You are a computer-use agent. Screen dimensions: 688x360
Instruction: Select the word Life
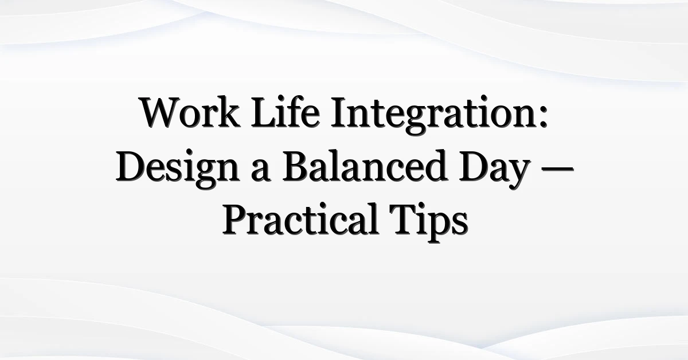coord(286,112)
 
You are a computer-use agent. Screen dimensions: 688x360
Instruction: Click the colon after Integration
coord(544,117)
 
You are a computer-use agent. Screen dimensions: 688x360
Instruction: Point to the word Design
coord(177,169)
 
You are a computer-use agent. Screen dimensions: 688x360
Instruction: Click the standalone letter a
coord(260,173)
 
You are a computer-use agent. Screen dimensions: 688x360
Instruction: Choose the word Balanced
coord(364,166)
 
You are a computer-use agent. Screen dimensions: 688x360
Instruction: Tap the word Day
coord(494,170)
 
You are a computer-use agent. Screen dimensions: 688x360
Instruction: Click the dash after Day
coord(558,169)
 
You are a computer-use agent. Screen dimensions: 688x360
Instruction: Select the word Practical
coord(300,220)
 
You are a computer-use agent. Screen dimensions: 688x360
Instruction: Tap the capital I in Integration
coord(339,112)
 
